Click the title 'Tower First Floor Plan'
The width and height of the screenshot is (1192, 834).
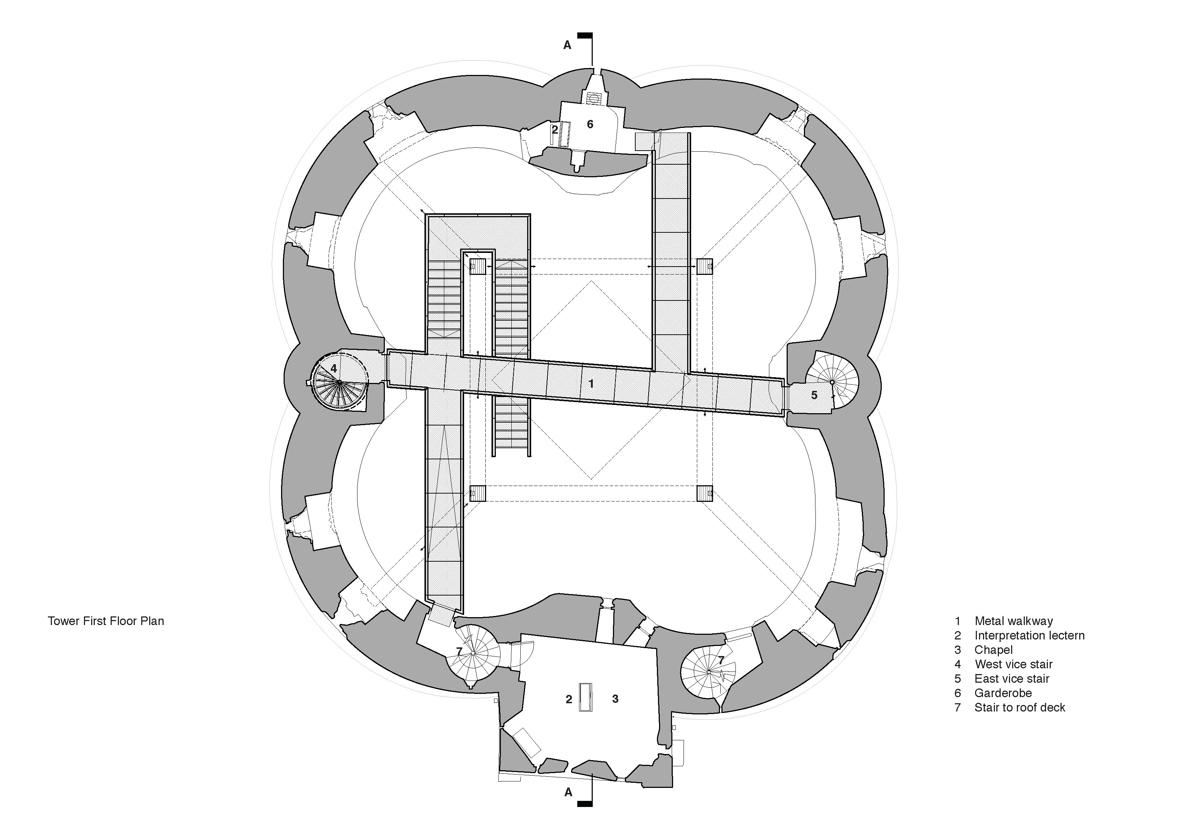pyautogui.click(x=106, y=621)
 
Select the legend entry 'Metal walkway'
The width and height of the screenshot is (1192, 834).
pyautogui.click(x=1013, y=621)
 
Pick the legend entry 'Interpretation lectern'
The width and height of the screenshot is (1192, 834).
pyautogui.click(x=1029, y=636)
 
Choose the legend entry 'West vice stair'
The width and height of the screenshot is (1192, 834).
pyautogui.click(x=1013, y=664)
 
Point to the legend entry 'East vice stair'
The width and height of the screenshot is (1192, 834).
pyautogui.click(x=1012, y=679)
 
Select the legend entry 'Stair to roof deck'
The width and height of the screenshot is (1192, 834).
pyautogui.click(x=1020, y=708)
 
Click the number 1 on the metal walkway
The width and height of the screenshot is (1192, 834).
pyautogui.click(x=591, y=384)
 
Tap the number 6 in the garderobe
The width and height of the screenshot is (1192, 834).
pyautogui.click(x=590, y=125)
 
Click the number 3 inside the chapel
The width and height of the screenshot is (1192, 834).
pyautogui.click(x=615, y=699)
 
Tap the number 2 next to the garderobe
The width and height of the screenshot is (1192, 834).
pyautogui.click(x=555, y=130)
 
